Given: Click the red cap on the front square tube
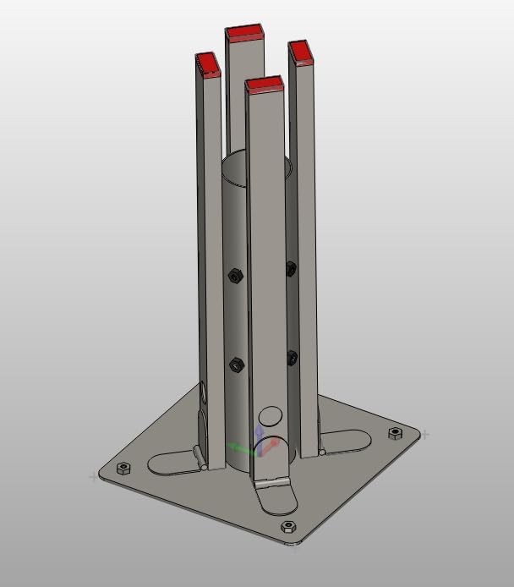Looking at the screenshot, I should (264, 84).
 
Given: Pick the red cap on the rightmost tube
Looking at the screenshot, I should (301, 53).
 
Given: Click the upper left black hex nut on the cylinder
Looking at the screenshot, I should (236, 276).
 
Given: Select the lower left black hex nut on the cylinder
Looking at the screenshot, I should (236, 365).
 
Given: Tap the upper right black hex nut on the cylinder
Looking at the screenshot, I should (291, 269).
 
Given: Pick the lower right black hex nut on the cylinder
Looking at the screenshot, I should (292, 357).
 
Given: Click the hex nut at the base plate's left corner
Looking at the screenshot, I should (123, 468).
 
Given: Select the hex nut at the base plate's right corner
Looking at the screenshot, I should (395, 433).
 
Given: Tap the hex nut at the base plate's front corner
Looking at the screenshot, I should (287, 527).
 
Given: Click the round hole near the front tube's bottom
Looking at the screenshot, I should (271, 416).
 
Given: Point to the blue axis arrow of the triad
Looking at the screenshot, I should (259, 433).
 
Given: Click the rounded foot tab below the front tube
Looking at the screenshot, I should (276, 498).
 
